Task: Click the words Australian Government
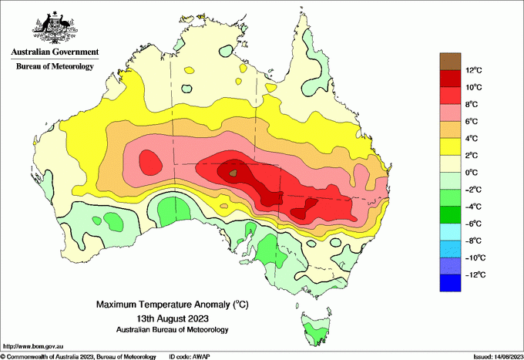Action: click(x=54, y=52)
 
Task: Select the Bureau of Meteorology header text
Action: click(x=55, y=66)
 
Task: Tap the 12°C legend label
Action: click(x=475, y=71)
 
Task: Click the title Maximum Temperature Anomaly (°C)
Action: click(x=173, y=305)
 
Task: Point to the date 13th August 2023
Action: click(x=173, y=318)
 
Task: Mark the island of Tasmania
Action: click(x=314, y=327)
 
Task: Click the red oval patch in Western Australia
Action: click(x=150, y=162)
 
